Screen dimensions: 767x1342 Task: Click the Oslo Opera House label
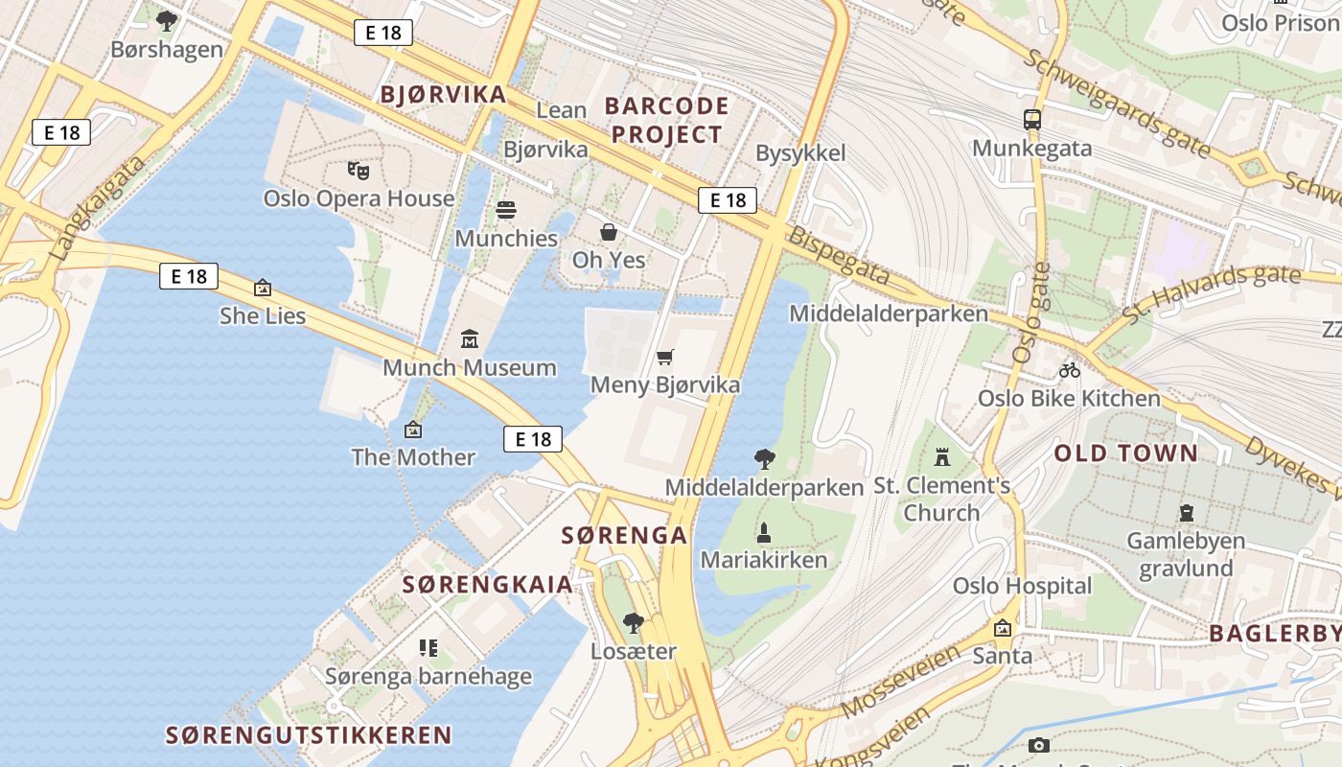(x=359, y=198)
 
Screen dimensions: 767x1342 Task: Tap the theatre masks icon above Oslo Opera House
(x=359, y=172)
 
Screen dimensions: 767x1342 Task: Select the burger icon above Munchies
(x=506, y=210)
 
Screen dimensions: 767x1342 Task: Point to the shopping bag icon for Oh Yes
(x=609, y=232)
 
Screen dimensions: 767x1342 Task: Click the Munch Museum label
(x=470, y=367)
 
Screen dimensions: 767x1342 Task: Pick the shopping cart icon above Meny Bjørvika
(x=665, y=358)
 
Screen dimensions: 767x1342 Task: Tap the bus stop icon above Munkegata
(x=1032, y=120)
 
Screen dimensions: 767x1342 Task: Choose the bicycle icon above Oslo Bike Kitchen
(x=1070, y=370)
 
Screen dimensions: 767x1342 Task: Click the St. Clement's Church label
(x=942, y=499)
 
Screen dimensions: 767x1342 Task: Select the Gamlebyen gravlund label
(x=1187, y=554)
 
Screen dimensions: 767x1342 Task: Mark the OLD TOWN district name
(x=1126, y=453)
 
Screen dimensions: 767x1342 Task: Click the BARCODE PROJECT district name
(x=667, y=120)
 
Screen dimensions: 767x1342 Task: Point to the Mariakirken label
(x=764, y=560)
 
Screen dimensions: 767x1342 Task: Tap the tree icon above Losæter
(x=634, y=623)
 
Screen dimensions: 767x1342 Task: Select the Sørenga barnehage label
(x=428, y=676)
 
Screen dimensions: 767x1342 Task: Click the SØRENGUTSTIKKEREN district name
(x=309, y=735)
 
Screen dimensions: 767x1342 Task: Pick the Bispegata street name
(x=839, y=256)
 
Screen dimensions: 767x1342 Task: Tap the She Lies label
(x=263, y=315)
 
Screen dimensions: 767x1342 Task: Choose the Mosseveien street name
(x=900, y=682)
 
